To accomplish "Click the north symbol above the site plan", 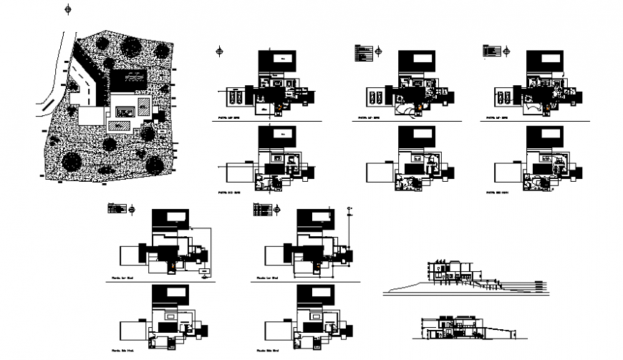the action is pyautogui.click(x=67, y=9).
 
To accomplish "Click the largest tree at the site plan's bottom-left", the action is pyautogui.click(x=69, y=160).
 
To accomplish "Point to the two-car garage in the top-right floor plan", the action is pyautogui.click(x=503, y=96).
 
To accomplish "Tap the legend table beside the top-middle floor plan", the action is pyautogui.click(x=363, y=51).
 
